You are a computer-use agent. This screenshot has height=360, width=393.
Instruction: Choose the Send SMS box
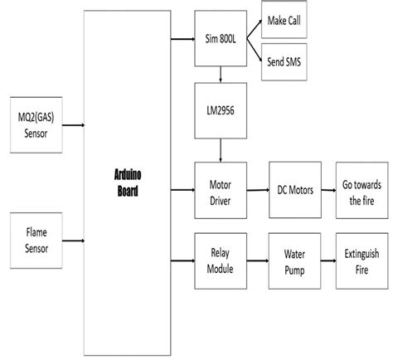tap(285, 63)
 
